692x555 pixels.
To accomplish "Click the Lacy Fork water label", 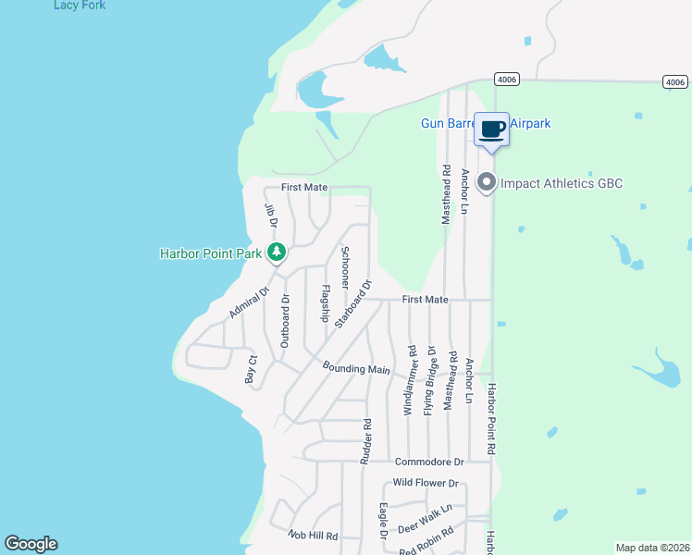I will pyautogui.click(x=80, y=6).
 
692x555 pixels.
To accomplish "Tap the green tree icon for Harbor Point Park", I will pyautogui.click(x=276, y=252).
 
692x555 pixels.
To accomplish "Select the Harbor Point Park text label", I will pyautogui.click(x=212, y=253).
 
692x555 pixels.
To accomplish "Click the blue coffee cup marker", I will pyautogui.click(x=491, y=129).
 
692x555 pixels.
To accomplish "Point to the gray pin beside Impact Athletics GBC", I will pyautogui.click(x=488, y=183).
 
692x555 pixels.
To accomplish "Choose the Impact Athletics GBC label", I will pyautogui.click(x=562, y=183).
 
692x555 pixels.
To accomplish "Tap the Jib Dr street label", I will pyautogui.click(x=272, y=216).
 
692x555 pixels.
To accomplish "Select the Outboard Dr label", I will pyautogui.click(x=285, y=322).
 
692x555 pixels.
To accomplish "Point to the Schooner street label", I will pyautogui.click(x=344, y=268).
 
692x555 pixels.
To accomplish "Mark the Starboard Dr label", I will pyautogui.click(x=353, y=303).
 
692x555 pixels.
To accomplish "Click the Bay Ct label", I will pyautogui.click(x=249, y=369).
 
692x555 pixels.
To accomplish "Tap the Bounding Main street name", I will pyautogui.click(x=356, y=368).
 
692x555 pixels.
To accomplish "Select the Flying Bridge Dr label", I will pyautogui.click(x=429, y=380).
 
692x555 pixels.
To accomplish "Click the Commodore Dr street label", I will pyautogui.click(x=428, y=462).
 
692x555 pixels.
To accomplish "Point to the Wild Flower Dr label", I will pyautogui.click(x=426, y=483).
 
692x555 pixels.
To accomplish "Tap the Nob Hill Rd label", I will pyautogui.click(x=313, y=536).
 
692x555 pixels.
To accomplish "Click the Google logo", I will pyautogui.click(x=31, y=544).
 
